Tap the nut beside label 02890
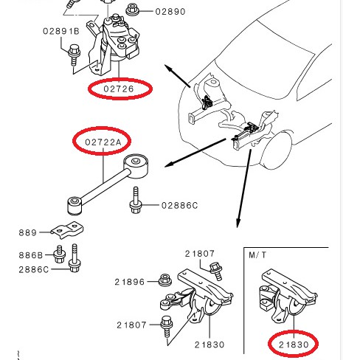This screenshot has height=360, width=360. (x=134, y=10)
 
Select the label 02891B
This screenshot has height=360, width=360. (x=61, y=32)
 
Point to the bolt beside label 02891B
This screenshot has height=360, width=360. (x=74, y=52)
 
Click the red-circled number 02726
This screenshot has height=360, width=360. (x=119, y=89)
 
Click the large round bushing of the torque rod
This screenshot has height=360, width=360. (x=137, y=165)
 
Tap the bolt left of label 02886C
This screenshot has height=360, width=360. (x=136, y=201)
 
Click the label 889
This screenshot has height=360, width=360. (x=29, y=232)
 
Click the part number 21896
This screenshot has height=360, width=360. (x=130, y=281)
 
